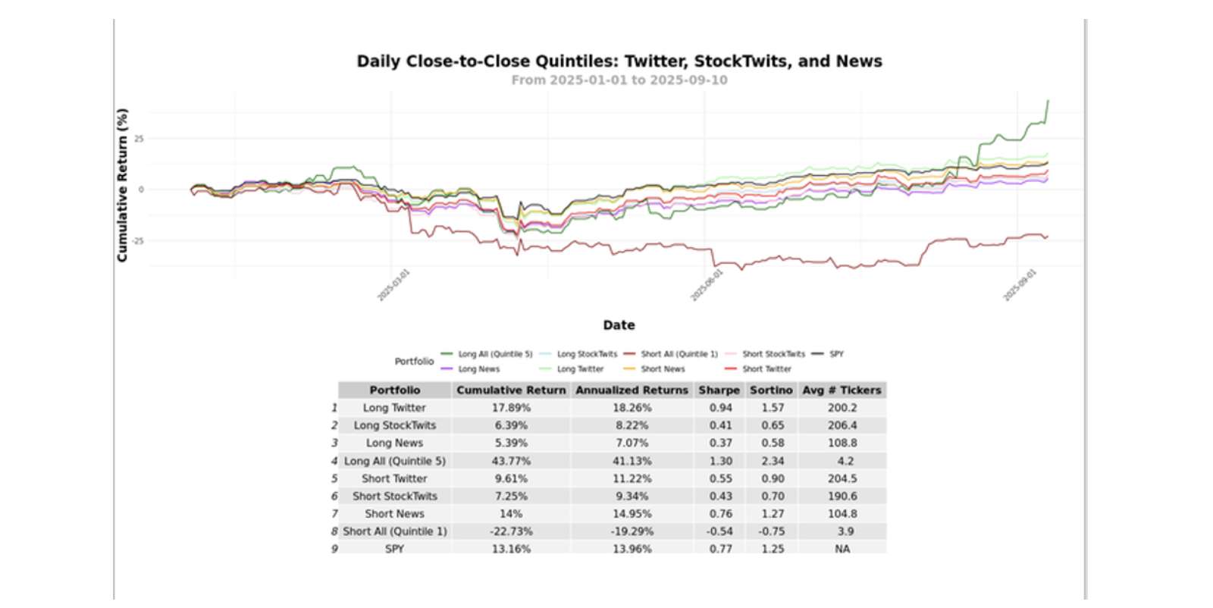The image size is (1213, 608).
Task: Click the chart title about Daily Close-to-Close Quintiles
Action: point(619,61)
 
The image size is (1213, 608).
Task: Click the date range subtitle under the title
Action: point(619,80)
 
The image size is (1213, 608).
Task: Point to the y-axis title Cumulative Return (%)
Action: point(122,185)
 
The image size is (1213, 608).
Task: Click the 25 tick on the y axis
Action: point(139,139)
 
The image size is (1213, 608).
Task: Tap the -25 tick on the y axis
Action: point(137,241)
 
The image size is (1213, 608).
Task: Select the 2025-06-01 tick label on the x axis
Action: point(706,286)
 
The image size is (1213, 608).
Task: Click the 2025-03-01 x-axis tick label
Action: point(393,286)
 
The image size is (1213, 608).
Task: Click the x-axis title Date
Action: point(619,325)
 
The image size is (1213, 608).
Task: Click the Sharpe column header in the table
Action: point(719,390)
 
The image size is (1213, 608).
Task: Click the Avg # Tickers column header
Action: point(842,390)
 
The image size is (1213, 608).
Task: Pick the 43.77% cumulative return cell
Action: point(511,461)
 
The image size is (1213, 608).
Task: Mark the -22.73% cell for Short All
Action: point(511,531)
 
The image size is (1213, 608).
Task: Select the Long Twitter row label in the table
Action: point(394,408)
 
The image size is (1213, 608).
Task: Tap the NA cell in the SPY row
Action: point(842,549)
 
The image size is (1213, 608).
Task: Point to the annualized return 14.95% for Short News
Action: point(632,514)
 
